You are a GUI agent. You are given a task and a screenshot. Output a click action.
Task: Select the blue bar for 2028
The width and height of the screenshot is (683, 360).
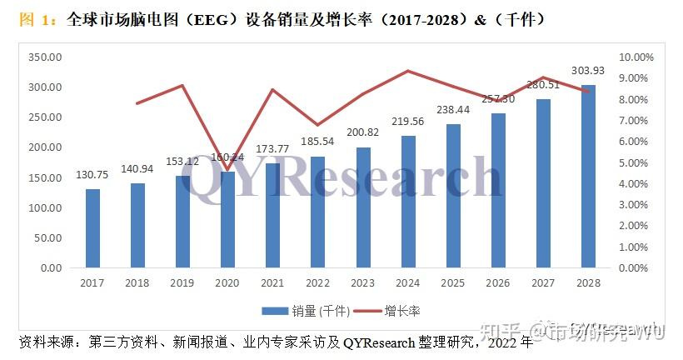(588, 177)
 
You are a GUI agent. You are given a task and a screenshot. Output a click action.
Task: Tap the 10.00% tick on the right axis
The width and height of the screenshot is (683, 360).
(638, 57)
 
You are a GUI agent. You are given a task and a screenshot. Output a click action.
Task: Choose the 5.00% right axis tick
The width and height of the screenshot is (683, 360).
(638, 162)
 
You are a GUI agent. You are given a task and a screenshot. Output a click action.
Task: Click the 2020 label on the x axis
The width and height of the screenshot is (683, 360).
(227, 283)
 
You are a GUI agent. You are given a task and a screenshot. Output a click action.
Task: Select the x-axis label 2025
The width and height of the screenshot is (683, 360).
(453, 283)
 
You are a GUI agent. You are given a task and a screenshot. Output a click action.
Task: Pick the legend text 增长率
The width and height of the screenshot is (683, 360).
(402, 311)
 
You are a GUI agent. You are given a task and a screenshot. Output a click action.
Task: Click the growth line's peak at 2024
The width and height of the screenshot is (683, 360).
(408, 71)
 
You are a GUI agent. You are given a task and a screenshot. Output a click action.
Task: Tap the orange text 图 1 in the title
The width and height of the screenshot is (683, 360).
(34, 18)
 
